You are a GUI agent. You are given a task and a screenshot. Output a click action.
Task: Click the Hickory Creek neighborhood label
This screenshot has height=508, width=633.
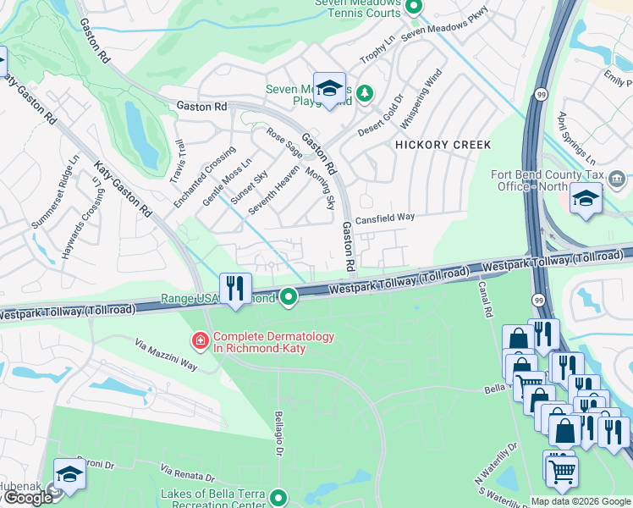click(x=443, y=145)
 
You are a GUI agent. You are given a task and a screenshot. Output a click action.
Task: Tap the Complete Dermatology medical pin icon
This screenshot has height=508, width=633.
click(x=201, y=340)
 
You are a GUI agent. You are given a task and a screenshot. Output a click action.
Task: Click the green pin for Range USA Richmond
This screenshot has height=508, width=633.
click(x=289, y=296)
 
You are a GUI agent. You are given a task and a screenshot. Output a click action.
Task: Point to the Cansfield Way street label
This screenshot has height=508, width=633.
click(x=384, y=218)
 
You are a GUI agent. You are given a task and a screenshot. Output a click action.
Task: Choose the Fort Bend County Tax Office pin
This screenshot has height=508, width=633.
click(x=616, y=179)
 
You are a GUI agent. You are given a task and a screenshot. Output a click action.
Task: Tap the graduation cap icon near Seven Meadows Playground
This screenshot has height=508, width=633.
click(x=328, y=88)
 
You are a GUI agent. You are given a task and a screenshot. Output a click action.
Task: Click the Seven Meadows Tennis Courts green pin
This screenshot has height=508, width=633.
click(x=414, y=8)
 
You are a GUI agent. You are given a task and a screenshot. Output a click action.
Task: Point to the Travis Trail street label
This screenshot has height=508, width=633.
click(x=177, y=161)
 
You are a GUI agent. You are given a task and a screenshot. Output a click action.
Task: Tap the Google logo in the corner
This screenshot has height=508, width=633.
click(x=27, y=498)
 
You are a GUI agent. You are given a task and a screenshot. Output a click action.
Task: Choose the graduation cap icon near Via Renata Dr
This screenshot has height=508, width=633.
click(x=69, y=475)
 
